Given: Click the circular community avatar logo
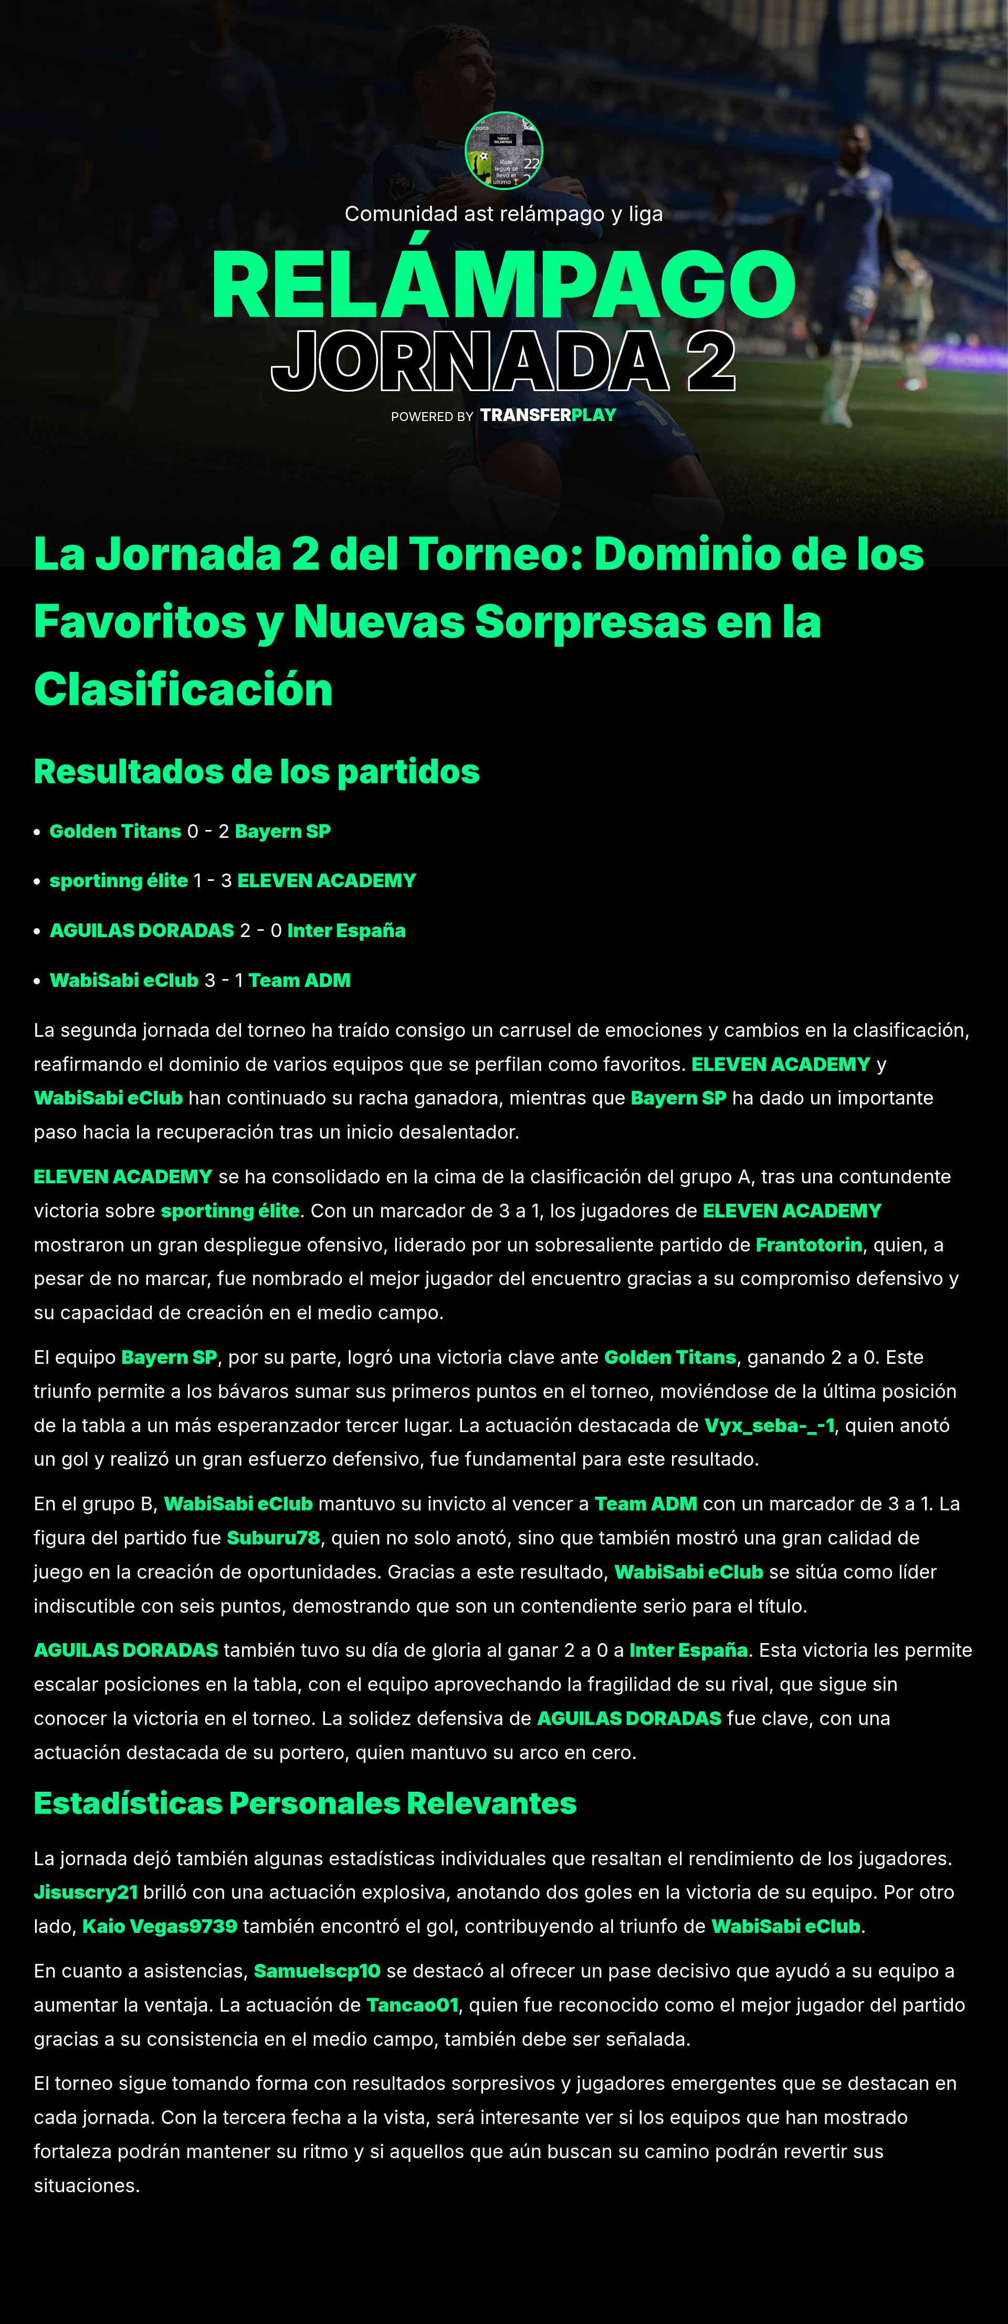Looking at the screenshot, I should pyautogui.click(x=503, y=151).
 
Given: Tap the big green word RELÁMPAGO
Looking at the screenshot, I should pyautogui.click(x=503, y=285).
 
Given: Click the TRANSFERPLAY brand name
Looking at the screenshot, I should pyautogui.click(x=548, y=415).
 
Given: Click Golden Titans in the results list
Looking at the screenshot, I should pyautogui.click(x=115, y=831).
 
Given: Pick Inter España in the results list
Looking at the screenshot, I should pyautogui.click(x=346, y=930).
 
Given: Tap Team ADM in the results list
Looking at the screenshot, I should pyautogui.click(x=300, y=980).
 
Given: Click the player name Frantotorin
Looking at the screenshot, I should pyautogui.click(x=808, y=1245).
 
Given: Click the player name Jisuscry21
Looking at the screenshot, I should pyautogui.click(x=86, y=1892).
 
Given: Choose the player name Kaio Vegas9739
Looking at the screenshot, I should pyautogui.click(x=160, y=1926).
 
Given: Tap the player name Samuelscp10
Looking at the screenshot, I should pyautogui.click(x=317, y=1970).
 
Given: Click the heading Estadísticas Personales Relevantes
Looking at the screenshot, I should pyautogui.click(x=305, y=1803).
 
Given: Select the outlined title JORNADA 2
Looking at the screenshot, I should pyautogui.click(x=503, y=362).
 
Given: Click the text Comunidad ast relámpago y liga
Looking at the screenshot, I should pyautogui.click(x=503, y=214).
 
